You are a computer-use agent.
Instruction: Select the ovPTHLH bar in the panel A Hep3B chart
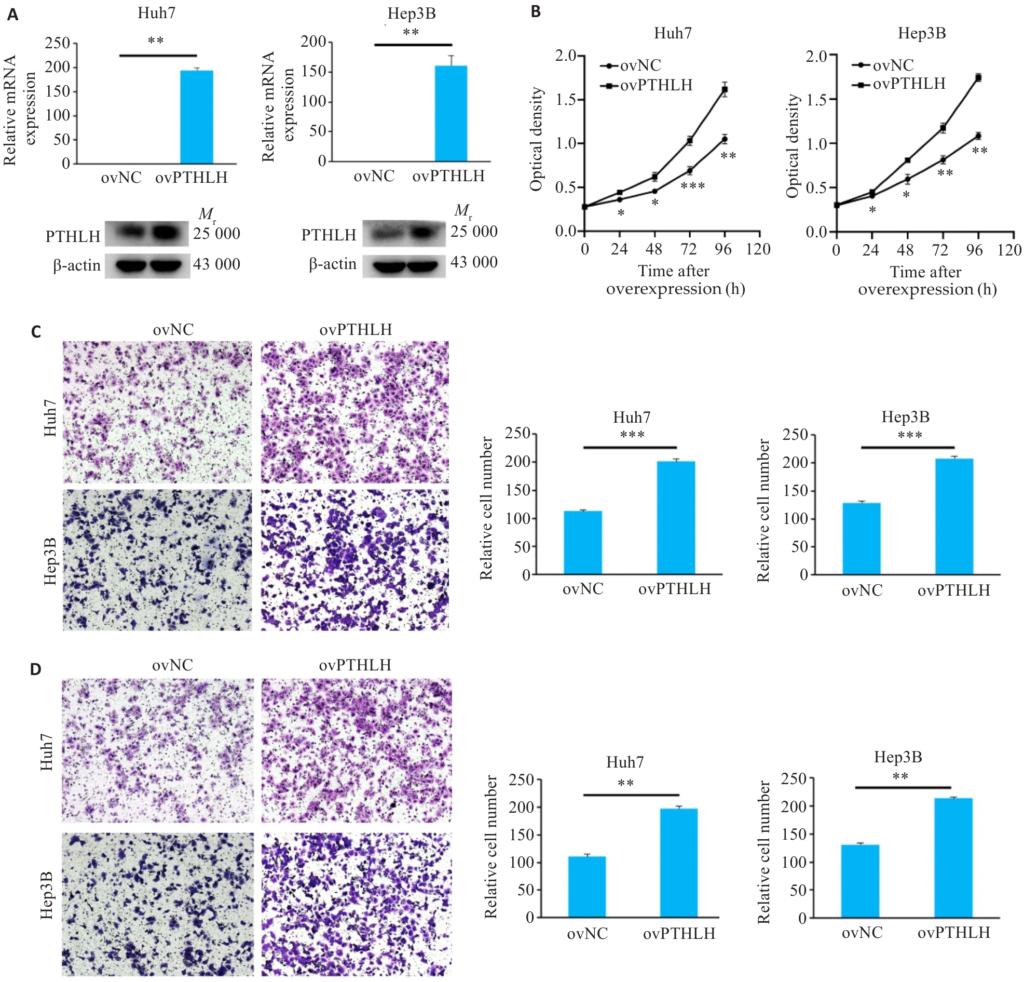[x=451, y=113]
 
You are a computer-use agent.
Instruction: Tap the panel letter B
[x=536, y=11]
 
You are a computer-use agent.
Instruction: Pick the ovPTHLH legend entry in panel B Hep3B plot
[x=901, y=84]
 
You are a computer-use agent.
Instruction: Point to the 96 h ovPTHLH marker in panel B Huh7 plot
[x=725, y=90]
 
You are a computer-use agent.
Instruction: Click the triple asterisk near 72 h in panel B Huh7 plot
[x=693, y=185]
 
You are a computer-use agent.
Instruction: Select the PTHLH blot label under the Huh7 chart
[x=73, y=237]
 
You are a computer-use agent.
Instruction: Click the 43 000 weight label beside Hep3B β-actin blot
[x=474, y=262]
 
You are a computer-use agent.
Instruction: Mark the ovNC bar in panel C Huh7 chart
[x=582, y=543]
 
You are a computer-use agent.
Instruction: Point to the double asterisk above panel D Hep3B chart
[x=900, y=776]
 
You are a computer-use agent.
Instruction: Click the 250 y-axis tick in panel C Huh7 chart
[x=517, y=433]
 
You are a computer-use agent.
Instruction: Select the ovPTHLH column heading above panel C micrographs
[x=356, y=330]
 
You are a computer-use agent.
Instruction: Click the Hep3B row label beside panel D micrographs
[x=47, y=895]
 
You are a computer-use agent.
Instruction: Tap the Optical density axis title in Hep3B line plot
[x=793, y=146]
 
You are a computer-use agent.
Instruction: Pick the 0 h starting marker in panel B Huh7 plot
[x=584, y=207]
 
